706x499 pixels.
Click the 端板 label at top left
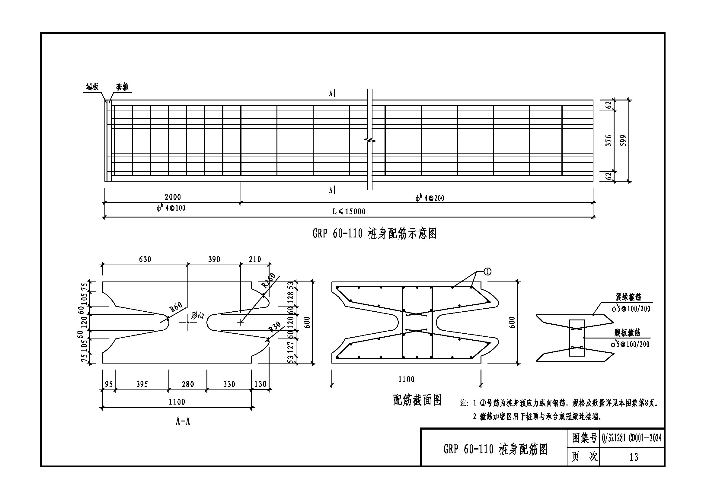(x=92, y=87)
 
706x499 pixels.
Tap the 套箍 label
(x=122, y=87)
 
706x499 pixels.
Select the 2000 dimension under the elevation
(x=173, y=197)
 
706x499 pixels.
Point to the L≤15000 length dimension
(x=349, y=211)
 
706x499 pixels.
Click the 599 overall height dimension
(x=623, y=141)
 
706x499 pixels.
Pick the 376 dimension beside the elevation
(x=609, y=141)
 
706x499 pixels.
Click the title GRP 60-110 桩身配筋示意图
(x=374, y=234)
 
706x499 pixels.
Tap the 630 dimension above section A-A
(x=145, y=260)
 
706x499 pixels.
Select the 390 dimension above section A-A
(x=214, y=260)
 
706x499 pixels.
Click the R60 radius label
(x=176, y=307)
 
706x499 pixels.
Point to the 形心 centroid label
(x=197, y=315)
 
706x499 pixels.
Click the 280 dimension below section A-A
(x=187, y=384)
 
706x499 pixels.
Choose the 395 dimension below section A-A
(x=142, y=384)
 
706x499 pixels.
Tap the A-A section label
(x=183, y=421)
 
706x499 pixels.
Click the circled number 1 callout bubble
(x=487, y=272)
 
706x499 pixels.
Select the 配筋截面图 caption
(x=417, y=400)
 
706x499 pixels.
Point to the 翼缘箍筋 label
(x=628, y=297)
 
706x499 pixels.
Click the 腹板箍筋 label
(x=627, y=333)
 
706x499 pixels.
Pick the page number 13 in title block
(x=634, y=457)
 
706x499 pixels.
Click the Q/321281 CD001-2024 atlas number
(x=632, y=438)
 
